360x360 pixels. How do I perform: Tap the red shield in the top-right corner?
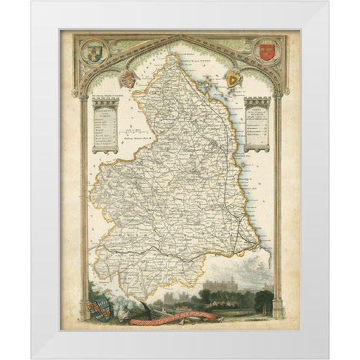point(263,51)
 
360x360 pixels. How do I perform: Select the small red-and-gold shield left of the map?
point(128,79)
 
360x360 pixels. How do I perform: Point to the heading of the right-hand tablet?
point(257,110)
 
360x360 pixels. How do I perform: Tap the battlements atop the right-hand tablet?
point(257,100)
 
